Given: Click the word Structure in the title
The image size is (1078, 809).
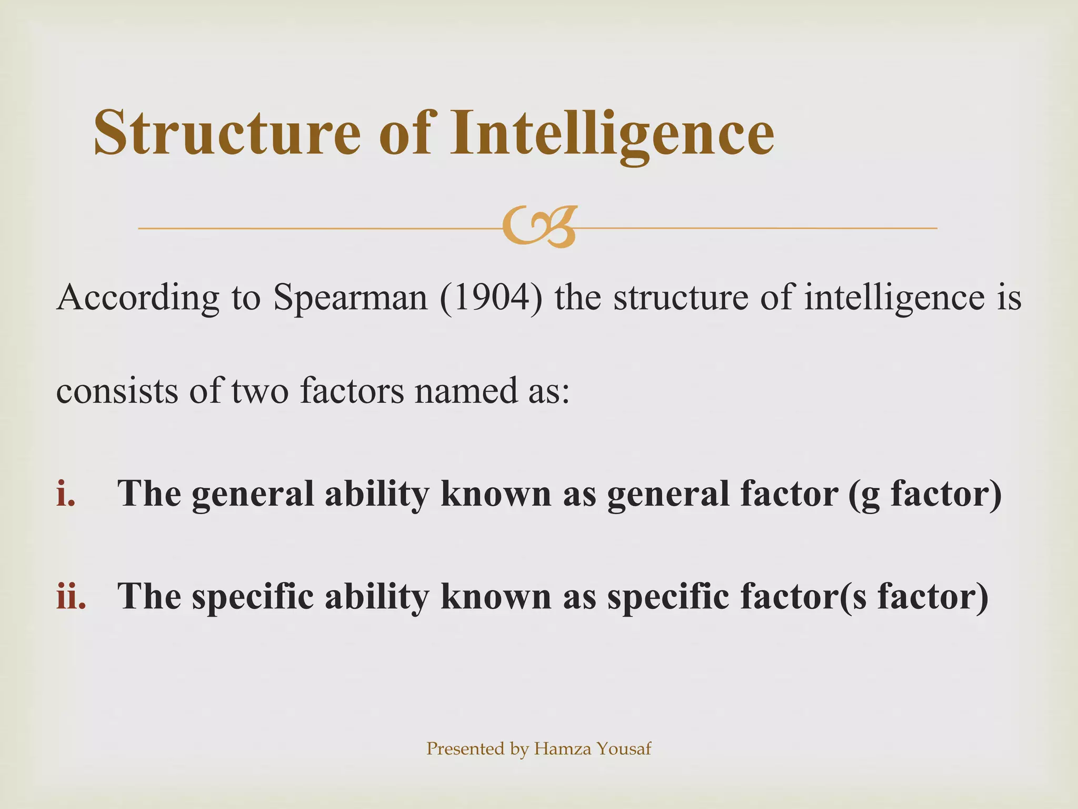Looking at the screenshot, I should (x=227, y=133).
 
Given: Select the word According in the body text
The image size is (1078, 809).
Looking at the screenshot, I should (x=137, y=298).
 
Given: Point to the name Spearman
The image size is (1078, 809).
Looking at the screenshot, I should (x=351, y=298).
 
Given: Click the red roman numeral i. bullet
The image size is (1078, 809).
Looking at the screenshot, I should (x=66, y=494).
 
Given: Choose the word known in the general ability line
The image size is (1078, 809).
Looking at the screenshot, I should (x=495, y=494).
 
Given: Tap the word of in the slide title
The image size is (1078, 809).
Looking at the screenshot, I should (x=405, y=133).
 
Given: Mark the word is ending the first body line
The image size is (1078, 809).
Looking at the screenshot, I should (x=1010, y=298).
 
